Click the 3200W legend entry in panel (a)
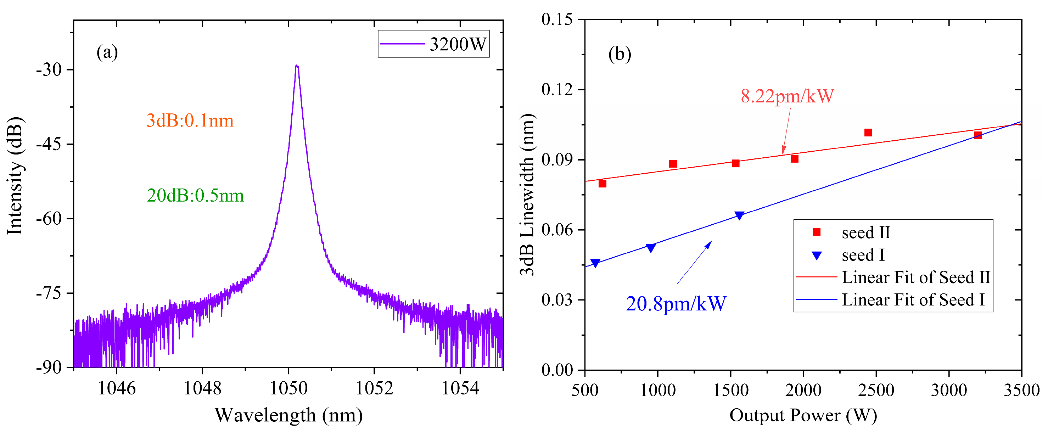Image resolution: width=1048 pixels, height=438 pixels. (x=434, y=44)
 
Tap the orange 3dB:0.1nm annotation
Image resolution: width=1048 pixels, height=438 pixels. (x=190, y=121)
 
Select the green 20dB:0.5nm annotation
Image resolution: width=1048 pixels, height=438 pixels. (x=195, y=196)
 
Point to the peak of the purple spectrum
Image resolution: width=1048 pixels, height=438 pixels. (x=297, y=65)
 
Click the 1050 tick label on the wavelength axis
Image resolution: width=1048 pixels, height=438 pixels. (x=288, y=388)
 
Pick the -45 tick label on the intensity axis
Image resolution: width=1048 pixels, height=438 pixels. (x=49, y=144)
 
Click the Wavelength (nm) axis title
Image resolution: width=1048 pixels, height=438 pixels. (x=288, y=415)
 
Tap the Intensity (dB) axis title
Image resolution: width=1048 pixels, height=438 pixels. (x=15, y=176)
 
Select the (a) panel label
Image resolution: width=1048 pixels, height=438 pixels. (x=107, y=52)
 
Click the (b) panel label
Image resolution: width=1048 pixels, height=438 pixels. (x=620, y=54)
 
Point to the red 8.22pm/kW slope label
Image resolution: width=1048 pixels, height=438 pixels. (x=787, y=96)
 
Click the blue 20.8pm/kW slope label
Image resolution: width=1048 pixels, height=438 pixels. (x=676, y=304)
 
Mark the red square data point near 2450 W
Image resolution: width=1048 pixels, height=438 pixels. (x=868, y=133)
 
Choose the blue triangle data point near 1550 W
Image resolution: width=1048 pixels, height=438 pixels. (x=739, y=215)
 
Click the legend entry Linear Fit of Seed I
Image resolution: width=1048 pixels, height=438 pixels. (x=891, y=300)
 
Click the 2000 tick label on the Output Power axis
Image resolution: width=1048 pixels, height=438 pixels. (x=803, y=390)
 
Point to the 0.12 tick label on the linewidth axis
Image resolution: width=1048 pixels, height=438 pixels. (x=557, y=89)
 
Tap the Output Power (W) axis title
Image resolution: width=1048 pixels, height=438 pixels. (x=803, y=415)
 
